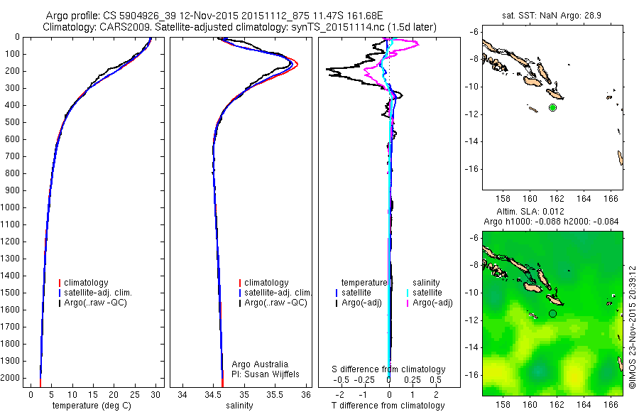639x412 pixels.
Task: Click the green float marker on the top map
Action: pyautogui.click(x=552, y=107)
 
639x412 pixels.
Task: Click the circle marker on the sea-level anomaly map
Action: pyautogui.click(x=552, y=313)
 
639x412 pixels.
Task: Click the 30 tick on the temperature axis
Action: pyautogui.click(x=156, y=394)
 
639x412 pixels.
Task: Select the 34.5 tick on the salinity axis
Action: pyautogui.click(x=213, y=394)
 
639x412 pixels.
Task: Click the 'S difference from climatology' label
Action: pyautogui.click(x=389, y=369)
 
